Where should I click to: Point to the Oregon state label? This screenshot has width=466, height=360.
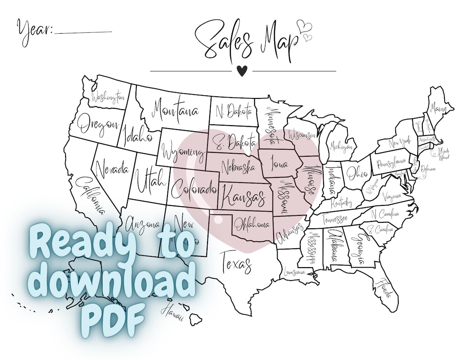[98, 124]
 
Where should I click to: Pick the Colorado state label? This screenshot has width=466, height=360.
[193, 189]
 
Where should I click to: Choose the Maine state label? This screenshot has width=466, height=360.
[438, 110]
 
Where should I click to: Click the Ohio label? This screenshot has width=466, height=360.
[356, 173]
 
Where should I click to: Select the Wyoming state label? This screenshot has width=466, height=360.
[183, 152]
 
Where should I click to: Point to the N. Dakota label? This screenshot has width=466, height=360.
[233, 111]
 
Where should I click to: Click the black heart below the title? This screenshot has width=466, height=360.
[242, 71]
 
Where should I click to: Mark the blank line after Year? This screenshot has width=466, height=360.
[84, 32]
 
